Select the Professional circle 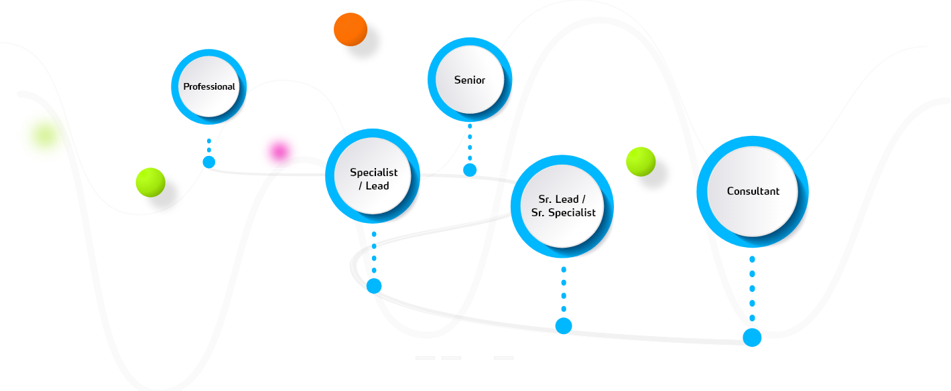(x=209, y=86)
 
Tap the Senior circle (x=470, y=80)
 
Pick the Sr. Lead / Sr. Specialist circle (x=562, y=207)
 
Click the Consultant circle (x=753, y=191)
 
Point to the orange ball (x=351, y=29)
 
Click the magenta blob (x=279, y=151)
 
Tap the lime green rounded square (x=44, y=136)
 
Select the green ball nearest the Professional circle (x=150, y=182)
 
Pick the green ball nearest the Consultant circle (x=641, y=162)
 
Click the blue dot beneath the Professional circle (x=209, y=162)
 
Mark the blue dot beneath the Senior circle (x=470, y=169)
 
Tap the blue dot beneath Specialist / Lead (x=374, y=286)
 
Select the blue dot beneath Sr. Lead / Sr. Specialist (x=564, y=326)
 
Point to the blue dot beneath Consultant (x=752, y=337)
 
